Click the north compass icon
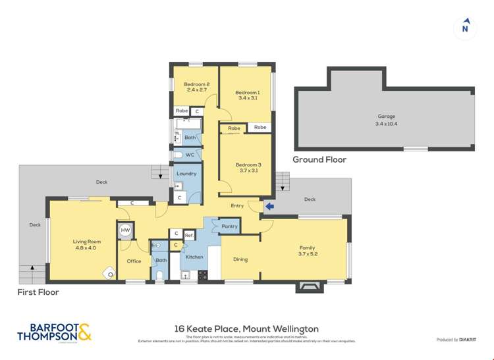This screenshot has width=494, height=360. tap(465, 27)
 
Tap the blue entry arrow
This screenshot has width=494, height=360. tap(269, 206)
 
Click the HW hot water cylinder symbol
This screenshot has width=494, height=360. tap(125, 231)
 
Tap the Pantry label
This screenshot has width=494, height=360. tap(229, 226)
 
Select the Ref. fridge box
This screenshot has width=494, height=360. tap(188, 234)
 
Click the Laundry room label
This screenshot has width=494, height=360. tap(186, 174)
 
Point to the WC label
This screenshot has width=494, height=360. tap(190, 155)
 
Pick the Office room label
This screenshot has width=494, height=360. tap(134, 261)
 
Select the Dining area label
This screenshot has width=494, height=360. tap(240, 259)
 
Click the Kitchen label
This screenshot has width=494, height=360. tap(194, 257)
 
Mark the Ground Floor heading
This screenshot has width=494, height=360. tap(319, 159)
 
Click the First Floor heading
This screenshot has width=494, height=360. tap(38, 292)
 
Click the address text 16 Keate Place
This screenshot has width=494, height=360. tap(246, 328)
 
